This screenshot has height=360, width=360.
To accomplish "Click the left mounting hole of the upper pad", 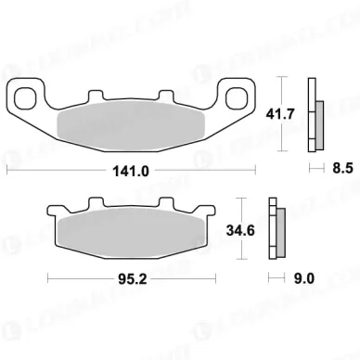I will tap(27, 95).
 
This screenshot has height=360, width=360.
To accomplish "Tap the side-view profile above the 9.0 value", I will tap(275, 227).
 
